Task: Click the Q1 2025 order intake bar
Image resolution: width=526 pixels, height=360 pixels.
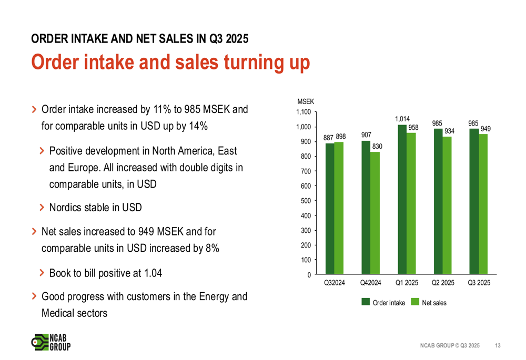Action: pos(402,200)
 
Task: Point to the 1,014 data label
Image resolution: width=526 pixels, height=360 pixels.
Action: pos(402,119)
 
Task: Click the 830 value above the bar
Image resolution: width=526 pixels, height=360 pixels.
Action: pos(376,147)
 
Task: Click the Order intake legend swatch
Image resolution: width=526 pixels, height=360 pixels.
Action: pos(366,302)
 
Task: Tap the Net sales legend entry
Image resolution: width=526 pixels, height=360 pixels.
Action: pos(434,303)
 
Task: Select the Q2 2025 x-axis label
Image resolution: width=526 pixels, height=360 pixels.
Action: pos(443,283)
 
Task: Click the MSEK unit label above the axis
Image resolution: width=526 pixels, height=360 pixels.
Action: pos(306,101)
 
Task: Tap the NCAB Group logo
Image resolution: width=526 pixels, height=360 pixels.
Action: pos(50,342)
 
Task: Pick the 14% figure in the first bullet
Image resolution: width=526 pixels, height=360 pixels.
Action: pos(197,126)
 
